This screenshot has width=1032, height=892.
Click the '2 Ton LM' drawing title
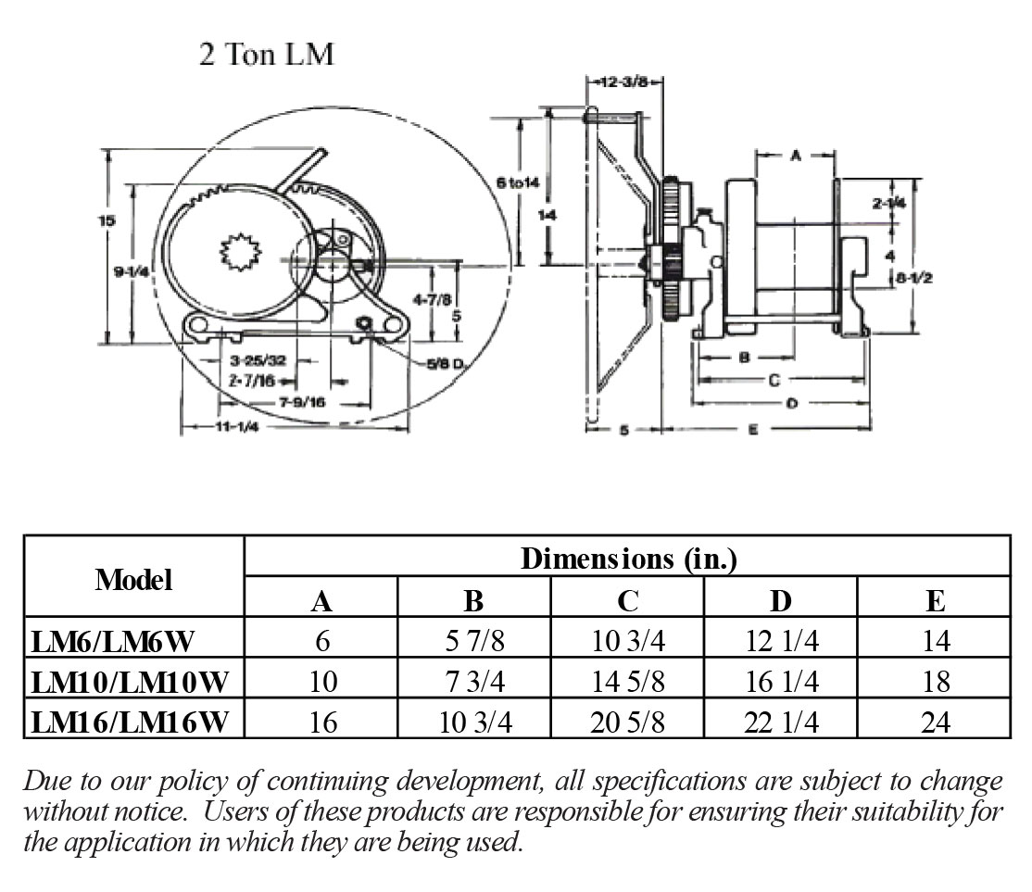click(266, 55)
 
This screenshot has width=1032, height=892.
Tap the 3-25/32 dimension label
click(258, 359)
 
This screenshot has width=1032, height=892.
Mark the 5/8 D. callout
click(446, 363)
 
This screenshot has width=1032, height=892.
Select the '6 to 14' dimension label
click(517, 182)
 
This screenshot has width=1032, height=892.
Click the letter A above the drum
click(795, 157)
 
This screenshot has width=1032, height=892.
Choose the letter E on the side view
click(752, 429)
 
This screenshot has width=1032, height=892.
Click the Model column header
click(133, 581)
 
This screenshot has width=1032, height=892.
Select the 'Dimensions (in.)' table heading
click(628, 559)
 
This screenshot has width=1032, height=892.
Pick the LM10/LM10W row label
click(129, 682)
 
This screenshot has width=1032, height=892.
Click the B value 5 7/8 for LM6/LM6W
click(473, 641)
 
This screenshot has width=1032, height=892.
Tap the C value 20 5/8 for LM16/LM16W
click(627, 722)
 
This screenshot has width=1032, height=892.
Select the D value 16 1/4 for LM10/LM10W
click(781, 682)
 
